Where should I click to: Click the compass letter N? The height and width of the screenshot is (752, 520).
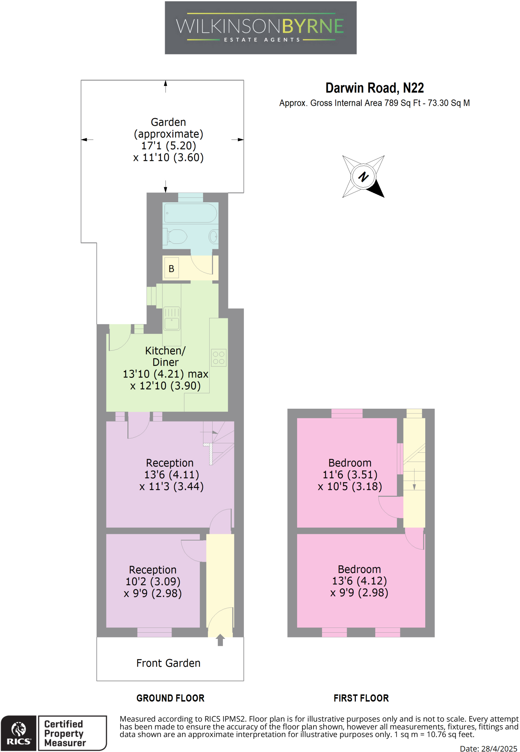point(363,177)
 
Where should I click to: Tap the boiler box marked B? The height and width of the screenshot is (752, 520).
point(171,268)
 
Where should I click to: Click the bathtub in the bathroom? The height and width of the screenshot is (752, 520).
point(190,213)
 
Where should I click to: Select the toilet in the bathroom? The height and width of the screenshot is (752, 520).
point(177,236)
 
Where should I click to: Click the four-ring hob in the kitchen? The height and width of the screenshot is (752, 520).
point(219,358)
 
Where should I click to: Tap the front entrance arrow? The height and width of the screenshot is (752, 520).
point(220,640)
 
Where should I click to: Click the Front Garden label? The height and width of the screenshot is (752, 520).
point(168,663)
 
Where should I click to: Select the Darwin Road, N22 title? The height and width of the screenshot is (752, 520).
point(374,88)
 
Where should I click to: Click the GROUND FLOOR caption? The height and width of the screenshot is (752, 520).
point(170,698)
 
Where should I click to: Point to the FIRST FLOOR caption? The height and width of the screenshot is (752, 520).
point(361,698)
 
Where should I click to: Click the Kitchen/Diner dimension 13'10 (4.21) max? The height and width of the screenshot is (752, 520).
point(165,374)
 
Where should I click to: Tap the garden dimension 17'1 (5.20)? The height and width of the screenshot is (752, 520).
point(168,146)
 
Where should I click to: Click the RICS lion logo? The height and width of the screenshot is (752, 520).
point(18,729)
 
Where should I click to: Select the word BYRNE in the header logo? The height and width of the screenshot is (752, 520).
point(313,26)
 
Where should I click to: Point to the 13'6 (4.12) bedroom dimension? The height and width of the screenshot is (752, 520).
point(359,581)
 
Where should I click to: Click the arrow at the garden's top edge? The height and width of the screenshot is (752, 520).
point(166,85)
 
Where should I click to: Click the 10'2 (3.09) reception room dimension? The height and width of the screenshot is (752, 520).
point(153,582)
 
